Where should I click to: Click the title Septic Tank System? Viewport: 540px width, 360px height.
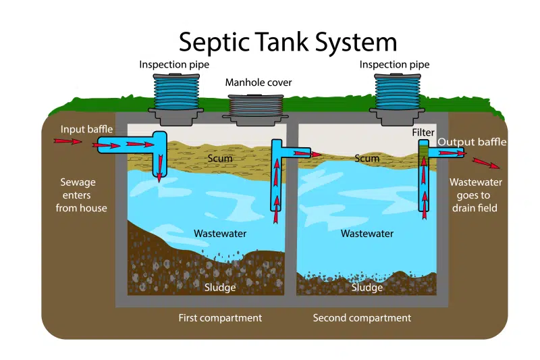click(288, 42)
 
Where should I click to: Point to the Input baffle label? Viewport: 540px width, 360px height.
click(86, 129)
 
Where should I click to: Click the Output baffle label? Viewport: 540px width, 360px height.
click(471, 142)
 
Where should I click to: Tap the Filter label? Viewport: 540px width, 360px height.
click(423, 133)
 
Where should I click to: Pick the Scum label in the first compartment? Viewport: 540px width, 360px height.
click(220, 159)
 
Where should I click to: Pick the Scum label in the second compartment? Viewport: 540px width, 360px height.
click(367, 159)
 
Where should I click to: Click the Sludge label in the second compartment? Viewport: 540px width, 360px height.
click(367, 288)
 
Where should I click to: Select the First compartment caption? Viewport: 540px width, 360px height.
click(220, 317)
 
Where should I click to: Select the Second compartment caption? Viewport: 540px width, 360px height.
click(362, 317)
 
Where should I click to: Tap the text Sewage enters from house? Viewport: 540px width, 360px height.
click(81, 195)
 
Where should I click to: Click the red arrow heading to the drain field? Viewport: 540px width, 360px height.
click(486, 163)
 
